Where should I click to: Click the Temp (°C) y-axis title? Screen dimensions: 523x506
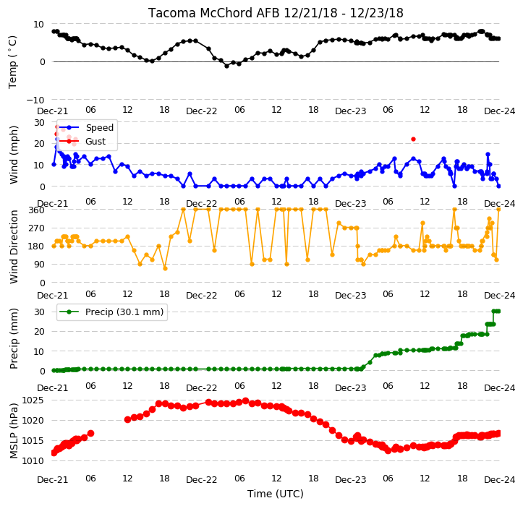[x=12, y=62]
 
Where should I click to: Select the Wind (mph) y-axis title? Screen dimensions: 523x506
[x=14, y=155]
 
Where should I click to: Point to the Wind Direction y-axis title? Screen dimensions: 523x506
[x=14, y=247]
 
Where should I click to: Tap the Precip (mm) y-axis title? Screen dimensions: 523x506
[x=14, y=339]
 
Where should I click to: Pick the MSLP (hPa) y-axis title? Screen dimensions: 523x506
[x=14, y=431]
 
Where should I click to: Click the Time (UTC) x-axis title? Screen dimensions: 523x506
[x=276, y=494]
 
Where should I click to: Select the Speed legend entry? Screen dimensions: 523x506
[x=99, y=128]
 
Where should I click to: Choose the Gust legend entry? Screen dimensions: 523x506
[x=95, y=142]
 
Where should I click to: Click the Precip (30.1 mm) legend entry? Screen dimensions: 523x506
[x=124, y=312]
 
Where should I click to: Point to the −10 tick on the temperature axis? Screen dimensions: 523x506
[x=35, y=100]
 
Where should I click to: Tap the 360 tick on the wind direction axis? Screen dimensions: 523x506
[x=36, y=210]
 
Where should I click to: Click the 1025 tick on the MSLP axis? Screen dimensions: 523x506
[x=33, y=400]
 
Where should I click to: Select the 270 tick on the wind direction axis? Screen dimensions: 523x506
[x=36, y=228]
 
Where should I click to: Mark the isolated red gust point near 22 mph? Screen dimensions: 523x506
[x=413, y=140]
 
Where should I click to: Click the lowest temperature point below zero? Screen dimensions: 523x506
[x=227, y=66]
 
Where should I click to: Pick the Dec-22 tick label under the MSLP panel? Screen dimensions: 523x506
[x=202, y=480]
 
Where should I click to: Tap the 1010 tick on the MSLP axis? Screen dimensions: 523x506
[x=33, y=461]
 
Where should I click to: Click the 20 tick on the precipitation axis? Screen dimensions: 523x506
[x=39, y=332]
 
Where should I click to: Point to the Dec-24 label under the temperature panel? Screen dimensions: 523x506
[x=500, y=111]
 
